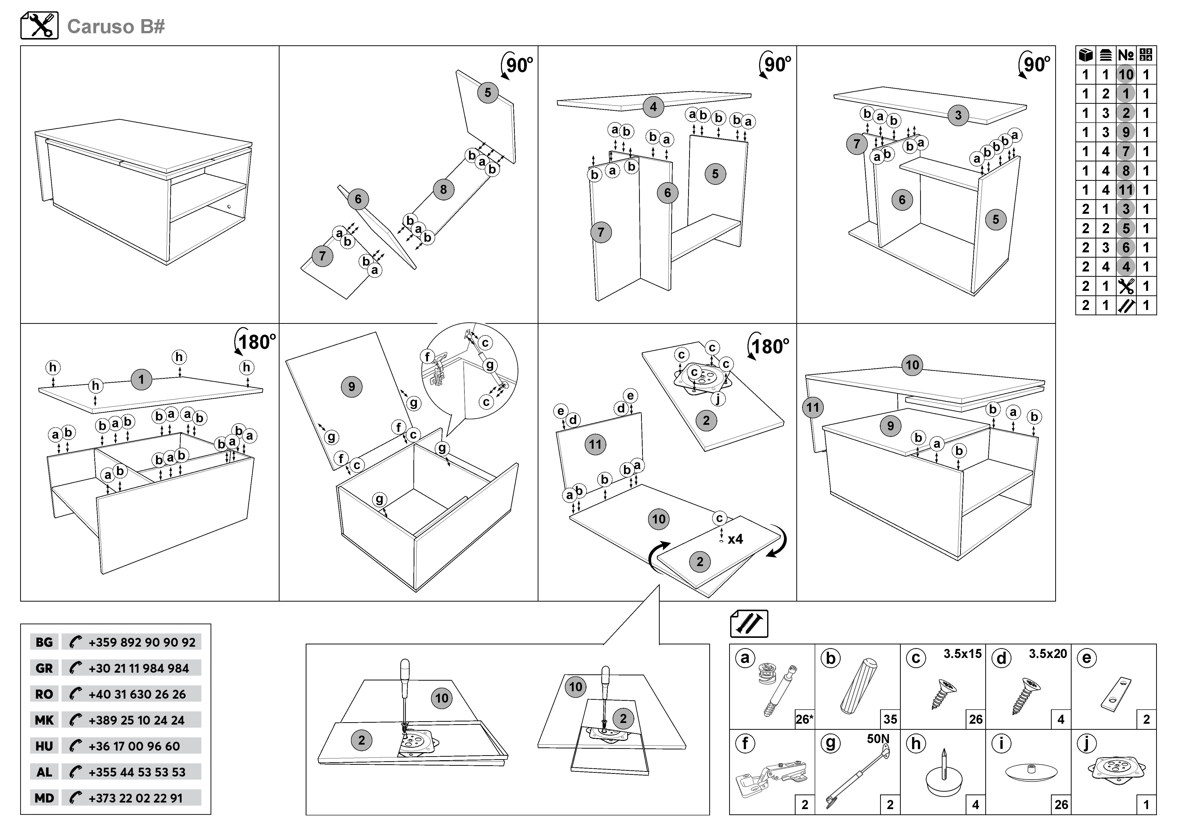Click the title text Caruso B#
116,27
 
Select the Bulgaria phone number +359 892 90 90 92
141,642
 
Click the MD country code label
44,798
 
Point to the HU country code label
44,746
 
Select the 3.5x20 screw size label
1047,654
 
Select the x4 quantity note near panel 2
735,539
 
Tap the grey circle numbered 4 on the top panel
653,107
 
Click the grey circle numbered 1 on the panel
141,379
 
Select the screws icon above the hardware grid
749,624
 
